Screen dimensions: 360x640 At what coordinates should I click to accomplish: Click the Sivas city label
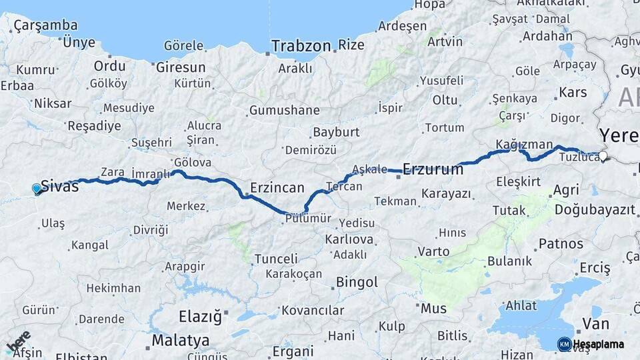pos(60,186)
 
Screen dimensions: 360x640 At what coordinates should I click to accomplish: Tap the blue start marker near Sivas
pos(37,189)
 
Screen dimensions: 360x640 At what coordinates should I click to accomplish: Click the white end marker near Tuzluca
pos(603,157)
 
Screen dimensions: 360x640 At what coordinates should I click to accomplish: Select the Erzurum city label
pos(433,169)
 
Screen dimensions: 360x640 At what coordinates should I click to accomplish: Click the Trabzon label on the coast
pos(301,46)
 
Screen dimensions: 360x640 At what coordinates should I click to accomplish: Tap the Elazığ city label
pos(200,317)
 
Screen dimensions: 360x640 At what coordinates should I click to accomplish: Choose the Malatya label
pos(180,341)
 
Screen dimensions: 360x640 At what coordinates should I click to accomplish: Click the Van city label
pos(595,324)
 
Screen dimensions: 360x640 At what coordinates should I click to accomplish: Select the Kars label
pos(573,92)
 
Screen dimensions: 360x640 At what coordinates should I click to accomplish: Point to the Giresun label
pos(181,67)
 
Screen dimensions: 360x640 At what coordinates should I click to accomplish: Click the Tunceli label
pos(276,259)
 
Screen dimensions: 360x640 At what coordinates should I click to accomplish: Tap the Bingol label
pos(357,282)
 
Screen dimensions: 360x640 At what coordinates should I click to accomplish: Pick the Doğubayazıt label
pos(595,209)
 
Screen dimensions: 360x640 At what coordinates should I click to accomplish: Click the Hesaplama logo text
pos(599,345)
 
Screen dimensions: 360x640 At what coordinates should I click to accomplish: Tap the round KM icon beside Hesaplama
pos(564,344)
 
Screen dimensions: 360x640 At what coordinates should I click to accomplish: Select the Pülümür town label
pos(307,218)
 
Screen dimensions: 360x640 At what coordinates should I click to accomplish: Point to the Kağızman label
pos(524,145)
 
